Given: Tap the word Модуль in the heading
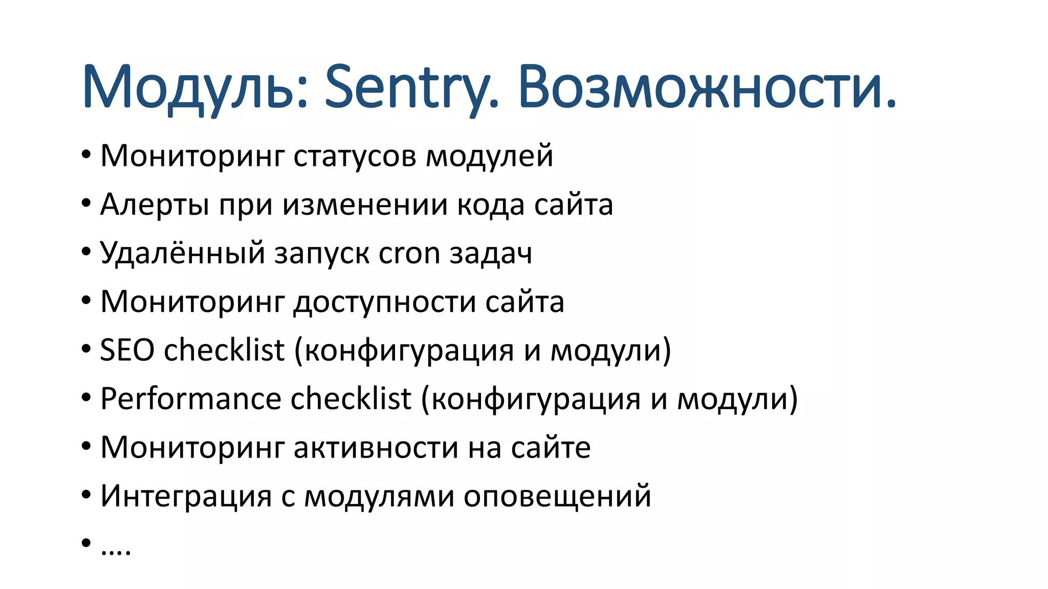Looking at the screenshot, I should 195,87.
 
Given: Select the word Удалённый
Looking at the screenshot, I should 182,253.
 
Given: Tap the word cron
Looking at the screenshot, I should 409,253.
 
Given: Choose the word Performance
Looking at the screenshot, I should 190,399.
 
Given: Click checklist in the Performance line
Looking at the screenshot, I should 351,399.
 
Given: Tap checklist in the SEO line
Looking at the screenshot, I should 224,350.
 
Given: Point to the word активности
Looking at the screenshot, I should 376,447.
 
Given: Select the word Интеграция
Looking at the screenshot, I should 186,496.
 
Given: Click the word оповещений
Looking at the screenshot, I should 557,496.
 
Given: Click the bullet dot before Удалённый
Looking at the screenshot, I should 86,252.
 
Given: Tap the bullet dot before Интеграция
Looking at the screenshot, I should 86,495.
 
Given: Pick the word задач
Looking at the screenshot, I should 491,253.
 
